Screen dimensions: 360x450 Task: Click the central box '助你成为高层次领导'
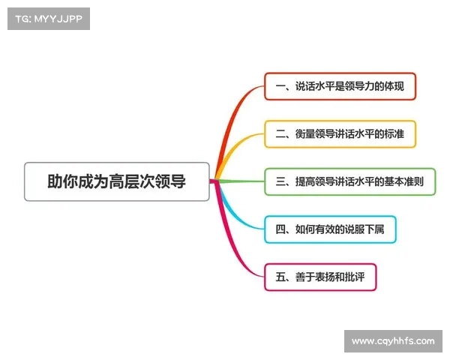pos(116,181)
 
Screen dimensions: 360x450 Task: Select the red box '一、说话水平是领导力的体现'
pos(340,86)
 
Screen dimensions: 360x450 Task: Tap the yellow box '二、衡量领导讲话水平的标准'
pos(340,134)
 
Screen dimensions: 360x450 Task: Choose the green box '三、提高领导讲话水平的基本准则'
pos(349,181)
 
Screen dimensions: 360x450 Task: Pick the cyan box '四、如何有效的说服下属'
pos(330,229)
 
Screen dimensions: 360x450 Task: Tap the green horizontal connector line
pos(240,181)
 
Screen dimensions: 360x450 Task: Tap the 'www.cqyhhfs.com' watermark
pos(393,341)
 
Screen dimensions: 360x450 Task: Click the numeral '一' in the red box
pos(280,87)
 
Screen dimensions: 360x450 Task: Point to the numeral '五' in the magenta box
pos(280,277)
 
